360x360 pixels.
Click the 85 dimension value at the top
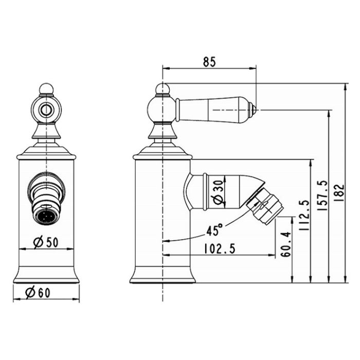[209, 62]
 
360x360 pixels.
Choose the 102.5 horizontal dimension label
[219, 248]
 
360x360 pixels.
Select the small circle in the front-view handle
[46, 109]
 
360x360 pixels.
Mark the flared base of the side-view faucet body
[162, 276]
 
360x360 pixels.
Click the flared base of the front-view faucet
[46, 276]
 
